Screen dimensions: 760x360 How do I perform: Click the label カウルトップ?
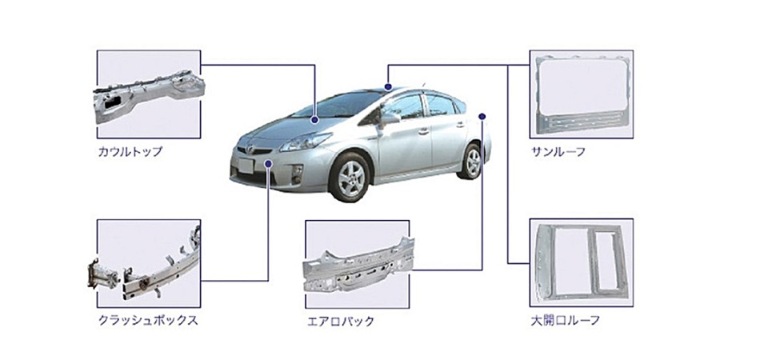tap(130, 152)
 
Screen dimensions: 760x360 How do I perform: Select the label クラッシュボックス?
tap(148, 320)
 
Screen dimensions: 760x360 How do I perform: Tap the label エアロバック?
tap(341, 322)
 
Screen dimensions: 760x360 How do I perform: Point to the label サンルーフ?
tap(558, 152)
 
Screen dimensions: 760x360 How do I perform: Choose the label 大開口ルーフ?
tap(565, 320)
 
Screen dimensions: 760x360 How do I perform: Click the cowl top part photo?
tap(149, 94)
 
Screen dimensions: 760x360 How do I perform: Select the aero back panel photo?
tap(358, 266)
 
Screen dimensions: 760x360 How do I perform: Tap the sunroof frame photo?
tap(581, 94)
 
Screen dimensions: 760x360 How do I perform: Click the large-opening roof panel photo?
tap(581, 262)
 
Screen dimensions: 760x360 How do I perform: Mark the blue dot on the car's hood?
tap(315, 119)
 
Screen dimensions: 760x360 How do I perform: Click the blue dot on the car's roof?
tap(388, 86)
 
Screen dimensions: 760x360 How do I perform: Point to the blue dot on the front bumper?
tap(269, 164)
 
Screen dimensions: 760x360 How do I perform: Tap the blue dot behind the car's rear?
tap(482, 116)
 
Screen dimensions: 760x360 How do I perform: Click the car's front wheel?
tap(349, 178)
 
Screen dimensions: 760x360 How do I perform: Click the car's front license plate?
tap(246, 166)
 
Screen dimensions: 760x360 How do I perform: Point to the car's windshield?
tap(338, 105)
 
